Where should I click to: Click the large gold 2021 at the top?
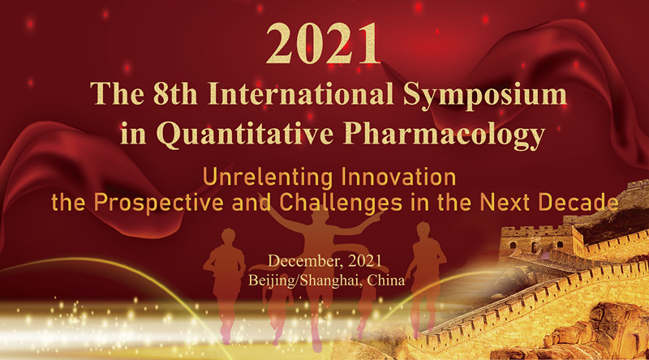pyautogui.click(x=323, y=44)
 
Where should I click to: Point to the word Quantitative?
pyautogui.click(x=245, y=134)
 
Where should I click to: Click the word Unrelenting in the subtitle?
pyautogui.click(x=268, y=178)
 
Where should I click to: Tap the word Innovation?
pyautogui.click(x=398, y=177)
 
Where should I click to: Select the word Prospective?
pyautogui.click(x=158, y=204)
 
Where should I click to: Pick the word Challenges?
pyautogui.click(x=341, y=204)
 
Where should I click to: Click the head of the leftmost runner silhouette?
pyautogui.click(x=228, y=236)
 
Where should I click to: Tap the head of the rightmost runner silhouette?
pyautogui.click(x=423, y=229)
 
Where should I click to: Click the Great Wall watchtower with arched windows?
pyautogui.click(x=538, y=243)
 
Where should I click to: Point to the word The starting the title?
pyautogui.click(x=117, y=94)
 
